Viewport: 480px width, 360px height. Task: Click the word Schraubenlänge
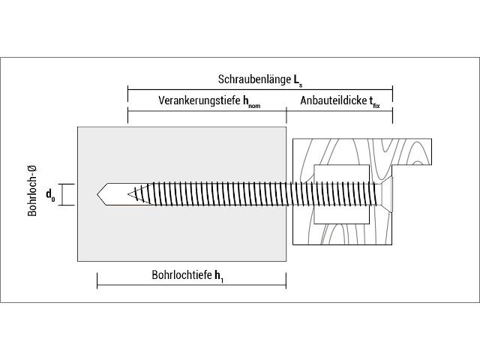point(254,79)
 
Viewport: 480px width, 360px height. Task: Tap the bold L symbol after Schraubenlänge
point(296,79)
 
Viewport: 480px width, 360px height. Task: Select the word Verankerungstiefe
point(199,100)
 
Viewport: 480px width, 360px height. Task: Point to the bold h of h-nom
point(246,100)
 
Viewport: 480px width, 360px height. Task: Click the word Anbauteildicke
point(333,100)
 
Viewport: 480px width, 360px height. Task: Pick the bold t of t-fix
point(371,101)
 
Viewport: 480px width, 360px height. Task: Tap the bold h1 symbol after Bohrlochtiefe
point(218,276)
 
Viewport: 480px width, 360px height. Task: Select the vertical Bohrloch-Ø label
point(32,190)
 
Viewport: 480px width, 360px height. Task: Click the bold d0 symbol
point(50,195)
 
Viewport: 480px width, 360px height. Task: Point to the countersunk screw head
point(387,195)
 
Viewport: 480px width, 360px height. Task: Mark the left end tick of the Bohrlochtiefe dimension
point(97,280)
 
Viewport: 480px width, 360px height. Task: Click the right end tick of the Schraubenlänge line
point(392,90)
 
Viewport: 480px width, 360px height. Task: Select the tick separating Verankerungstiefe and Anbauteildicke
point(286,115)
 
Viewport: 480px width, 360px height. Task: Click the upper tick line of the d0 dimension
point(67,184)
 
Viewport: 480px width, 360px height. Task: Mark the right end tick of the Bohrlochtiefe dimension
point(286,280)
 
